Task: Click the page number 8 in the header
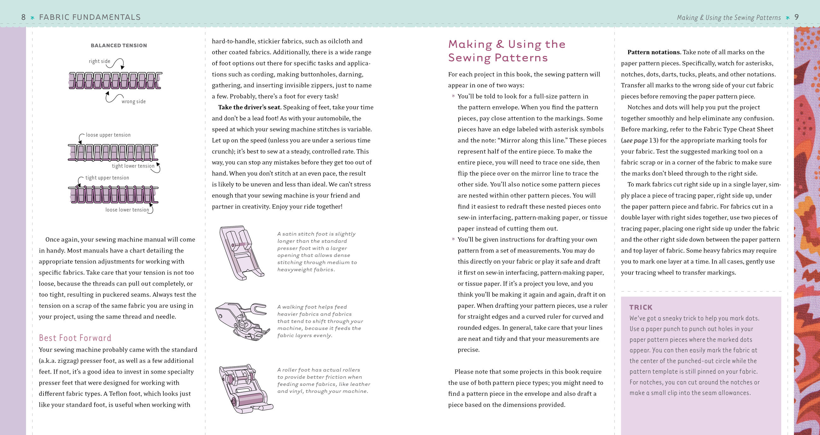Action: click(x=23, y=17)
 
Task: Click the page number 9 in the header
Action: click(x=796, y=17)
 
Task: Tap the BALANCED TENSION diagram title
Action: click(x=119, y=45)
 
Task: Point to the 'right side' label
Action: click(x=99, y=61)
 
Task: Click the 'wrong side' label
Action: click(x=133, y=101)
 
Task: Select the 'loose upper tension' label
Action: click(x=108, y=135)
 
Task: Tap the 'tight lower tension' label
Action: click(x=133, y=166)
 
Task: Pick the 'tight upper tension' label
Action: click(x=107, y=178)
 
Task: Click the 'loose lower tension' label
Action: click(x=127, y=210)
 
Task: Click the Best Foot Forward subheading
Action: click(x=75, y=338)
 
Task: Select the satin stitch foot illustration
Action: click(x=241, y=253)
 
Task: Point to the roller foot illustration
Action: click(x=245, y=389)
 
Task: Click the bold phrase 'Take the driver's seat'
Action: click(x=249, y=107)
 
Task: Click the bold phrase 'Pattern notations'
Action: click(x=654, y=52)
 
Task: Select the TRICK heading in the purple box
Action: click(x=641, y=307)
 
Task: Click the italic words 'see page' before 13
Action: click(x=635, y=140)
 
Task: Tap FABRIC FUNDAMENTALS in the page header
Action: click(x=90, y=17)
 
